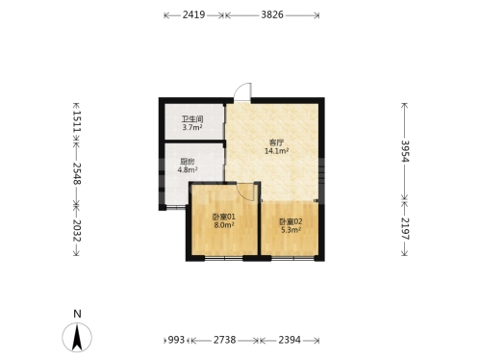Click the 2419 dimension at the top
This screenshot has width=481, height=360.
[193, 14]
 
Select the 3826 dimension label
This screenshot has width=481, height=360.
[272, 14]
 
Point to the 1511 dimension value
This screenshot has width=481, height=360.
[77, 121]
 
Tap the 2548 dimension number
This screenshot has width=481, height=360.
[77, 173]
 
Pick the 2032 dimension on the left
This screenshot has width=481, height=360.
[77, 231]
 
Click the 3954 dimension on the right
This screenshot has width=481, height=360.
[405, 151]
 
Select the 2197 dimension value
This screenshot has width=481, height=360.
[405, 229]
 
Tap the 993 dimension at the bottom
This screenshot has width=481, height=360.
[176, 340]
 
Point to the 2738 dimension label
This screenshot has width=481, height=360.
[225, 340]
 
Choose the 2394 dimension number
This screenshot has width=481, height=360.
[290, 340]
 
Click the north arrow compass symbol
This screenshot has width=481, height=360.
[77, 338]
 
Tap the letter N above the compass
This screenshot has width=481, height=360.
[77, 314]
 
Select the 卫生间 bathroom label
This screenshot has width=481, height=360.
[192, 119]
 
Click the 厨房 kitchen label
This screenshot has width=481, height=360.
[188, 162]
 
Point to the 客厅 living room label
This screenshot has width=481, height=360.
[276, 142]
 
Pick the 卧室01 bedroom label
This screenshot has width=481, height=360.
[224, 218]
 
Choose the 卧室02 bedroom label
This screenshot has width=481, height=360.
[291, 221]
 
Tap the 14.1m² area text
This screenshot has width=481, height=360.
[276, 151]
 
